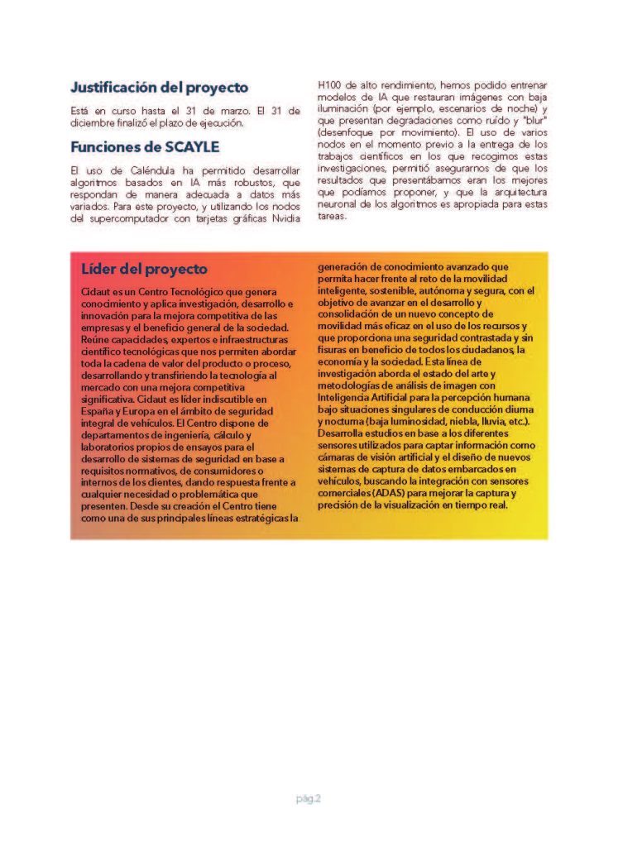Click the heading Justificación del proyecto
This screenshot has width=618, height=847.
click(x=159, y=87)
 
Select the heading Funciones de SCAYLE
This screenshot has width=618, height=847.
click(x=145, y=147)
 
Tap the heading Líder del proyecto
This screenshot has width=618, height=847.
click(x=144, y=270)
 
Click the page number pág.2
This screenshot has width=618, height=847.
click(x=309, y=798)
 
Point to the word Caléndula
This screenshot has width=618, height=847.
click(x=146, y=170)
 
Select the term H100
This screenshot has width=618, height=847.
click(x=332, y=85)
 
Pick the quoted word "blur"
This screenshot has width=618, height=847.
click(x=535, y=120)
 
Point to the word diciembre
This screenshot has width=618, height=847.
click(x=97, y=123)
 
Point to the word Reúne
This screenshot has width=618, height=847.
click(x=96, y=339)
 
